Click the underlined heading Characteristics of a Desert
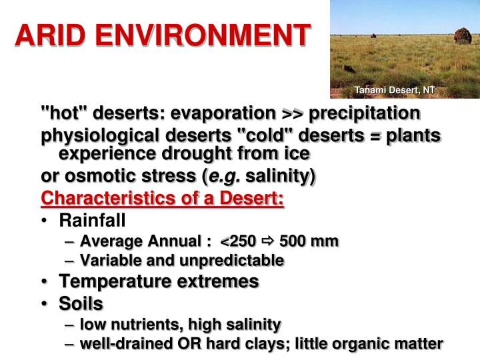click(x=163, y=199)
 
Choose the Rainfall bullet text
click(x=92, y=221)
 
